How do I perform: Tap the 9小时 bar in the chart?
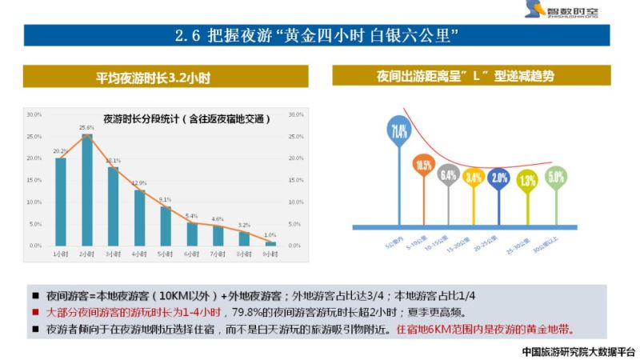pyautogui.click(x=270, y=242)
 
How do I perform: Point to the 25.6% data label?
pyautogui.click(x=87, y=128)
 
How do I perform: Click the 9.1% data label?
pyautogui.click(x=165, y=199)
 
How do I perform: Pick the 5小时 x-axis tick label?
pyautogui.click(x=165, y=254)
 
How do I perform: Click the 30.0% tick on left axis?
pyautogui.click(x=34, y=114)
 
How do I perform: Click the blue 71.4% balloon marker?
pyautogui.click(x=398, y=130)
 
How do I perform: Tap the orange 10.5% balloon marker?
pyautogui.click(x=423, y=166)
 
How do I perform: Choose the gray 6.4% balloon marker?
pyautogui.click(x=448, y=175)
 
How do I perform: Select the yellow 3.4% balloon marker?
pyautogui.click(x=474, y=178)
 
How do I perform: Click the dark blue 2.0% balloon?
pyautogui.click(x=500, y=178)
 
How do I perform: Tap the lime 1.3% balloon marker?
pyautogui.click(x=527, y=181)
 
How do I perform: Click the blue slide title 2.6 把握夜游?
pyautogui.click(x=319, y=36)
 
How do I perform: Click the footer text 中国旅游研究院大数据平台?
pyautogui.click(x=578, y=350)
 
